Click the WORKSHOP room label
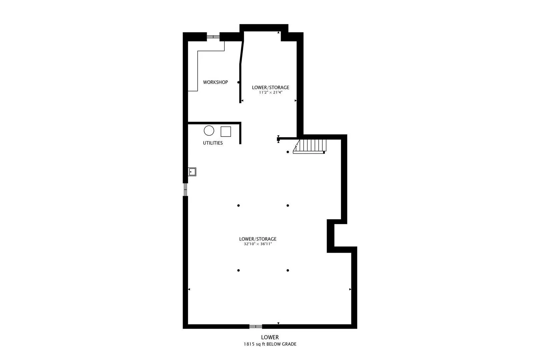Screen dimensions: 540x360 click(x=215, y=82)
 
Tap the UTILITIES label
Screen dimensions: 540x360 click(x=213, y=143)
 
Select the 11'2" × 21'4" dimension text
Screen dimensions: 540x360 click(x=270, y=92)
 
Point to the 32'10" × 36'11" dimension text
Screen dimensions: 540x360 click(x=258, y=244)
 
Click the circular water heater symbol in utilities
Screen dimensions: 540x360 click(x=209, y=131)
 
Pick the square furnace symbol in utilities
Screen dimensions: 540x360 click(x=226, y=132)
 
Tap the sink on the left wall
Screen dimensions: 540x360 click(x=192, y=172)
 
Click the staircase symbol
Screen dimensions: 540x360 click(x=310, y=146)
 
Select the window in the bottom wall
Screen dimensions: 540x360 click(x=256, y=326)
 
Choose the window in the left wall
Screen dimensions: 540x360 click(x=185, y=190)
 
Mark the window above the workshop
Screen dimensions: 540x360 click(x=213, y=37)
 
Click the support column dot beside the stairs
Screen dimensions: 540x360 click(x=288, y=152)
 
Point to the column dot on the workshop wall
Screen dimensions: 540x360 click(x=238, y=82)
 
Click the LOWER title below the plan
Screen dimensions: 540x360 click(x=270, y=337)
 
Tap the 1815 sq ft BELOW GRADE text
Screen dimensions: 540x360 click(x=270, y=344)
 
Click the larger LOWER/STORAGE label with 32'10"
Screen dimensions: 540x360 click(x=258, y=239)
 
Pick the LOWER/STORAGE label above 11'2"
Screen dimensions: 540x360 click(x=270, y=88)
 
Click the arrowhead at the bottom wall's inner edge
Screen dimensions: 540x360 click(x=278, y=323)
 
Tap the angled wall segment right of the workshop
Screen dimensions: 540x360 click(x=242, y=53)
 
